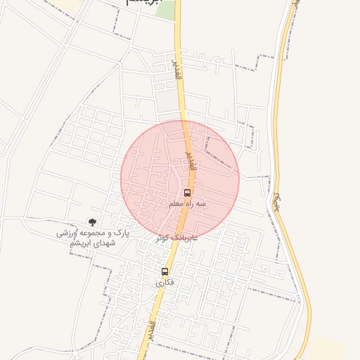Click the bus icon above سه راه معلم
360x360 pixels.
click(x=187, y=193)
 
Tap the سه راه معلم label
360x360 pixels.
click(x=186, y=203)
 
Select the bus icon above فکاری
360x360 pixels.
click(x=165, y=271)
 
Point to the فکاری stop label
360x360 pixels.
click(x=164, y=282)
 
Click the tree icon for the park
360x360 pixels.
click(x=93, y=221)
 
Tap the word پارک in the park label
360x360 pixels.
click(x=123, y=231)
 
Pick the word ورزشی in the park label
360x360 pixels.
click(x=67, y=231)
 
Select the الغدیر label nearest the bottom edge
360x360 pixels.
click(x=153, y=330)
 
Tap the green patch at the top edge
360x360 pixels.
click(x=166, y=8)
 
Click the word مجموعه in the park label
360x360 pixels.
click(x=96, y=231)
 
